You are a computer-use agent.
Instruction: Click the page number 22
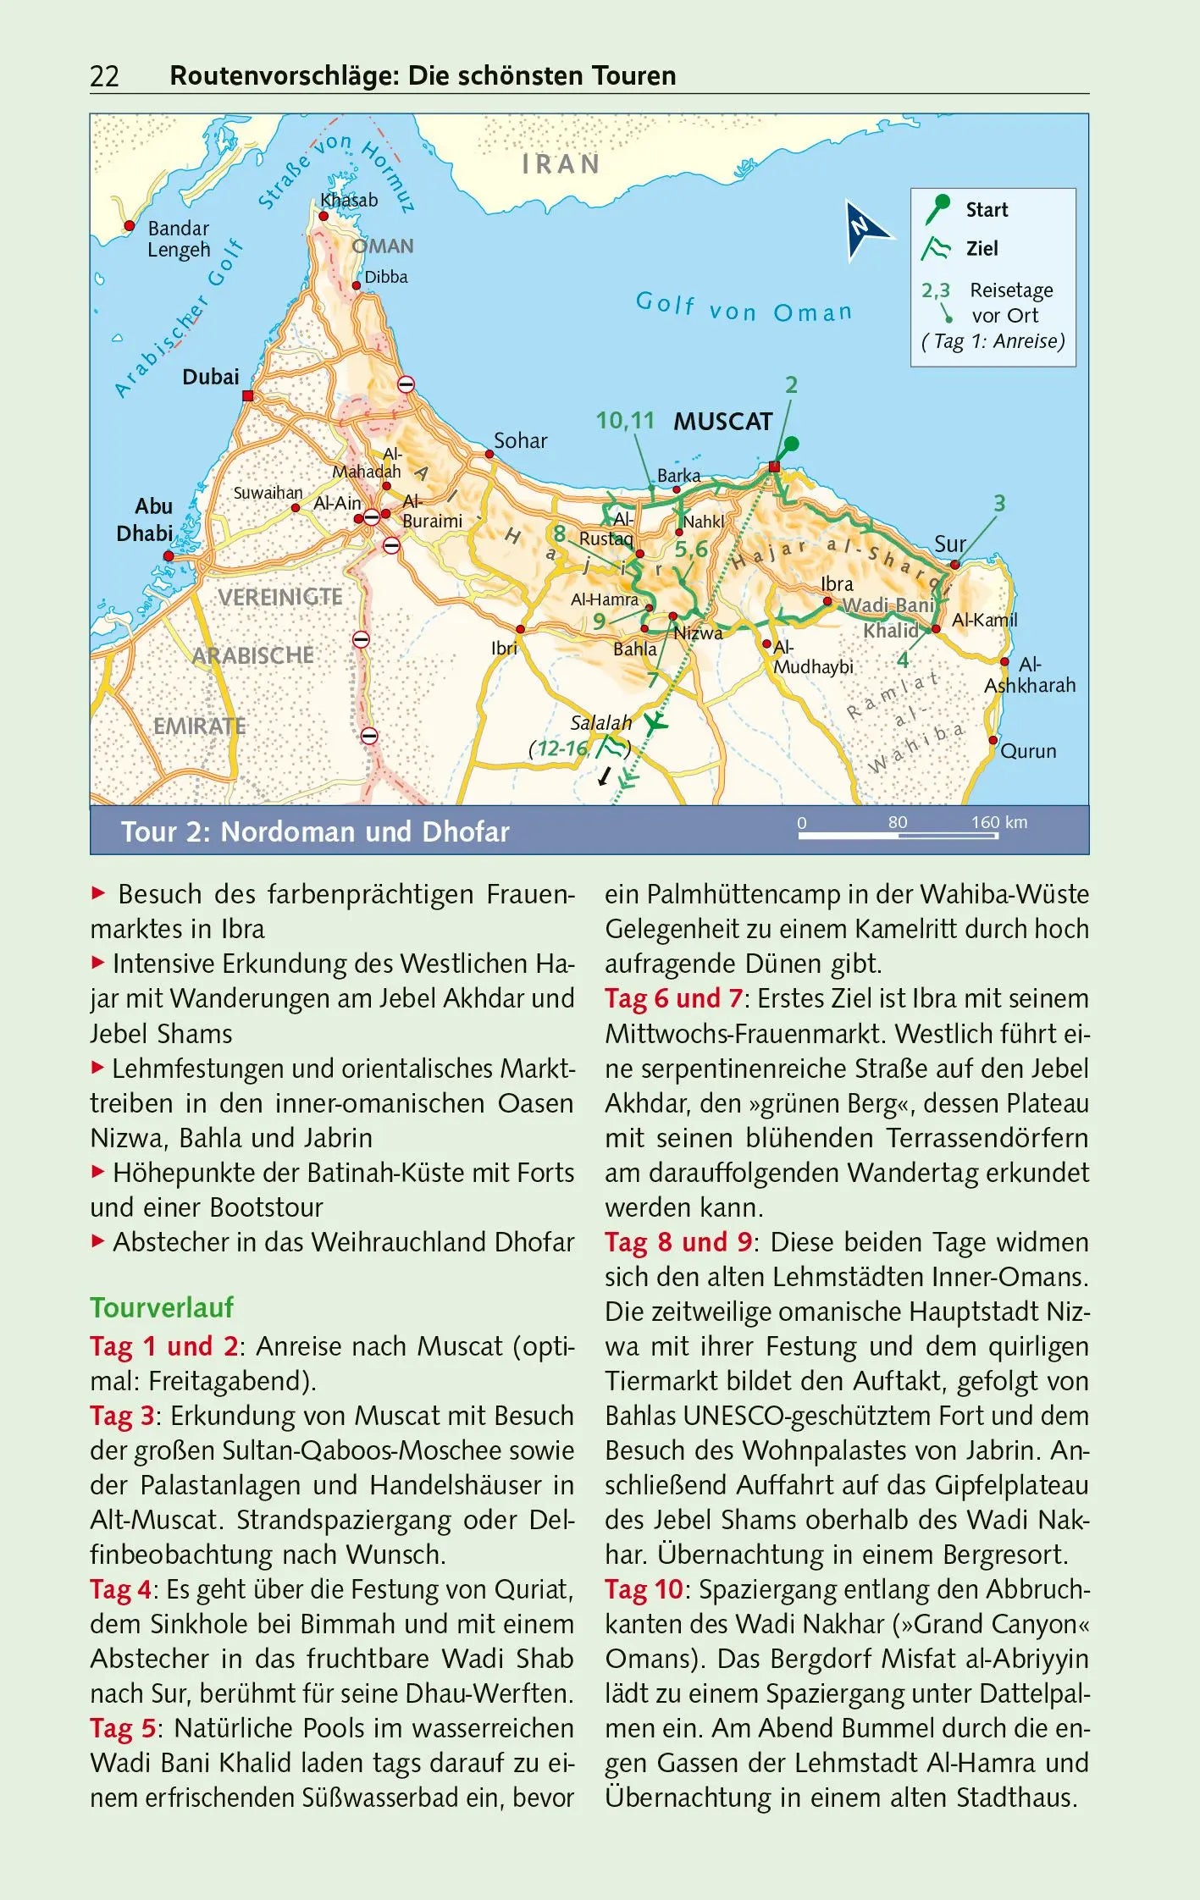coord(104,76)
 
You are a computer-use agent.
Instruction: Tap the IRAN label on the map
coord(561,164)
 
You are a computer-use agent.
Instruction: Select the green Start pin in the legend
coord(937,208)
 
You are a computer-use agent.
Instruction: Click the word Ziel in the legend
coord(982,249)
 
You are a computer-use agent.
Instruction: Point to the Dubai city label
coord(211,378)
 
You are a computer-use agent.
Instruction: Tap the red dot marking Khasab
coord(323,217)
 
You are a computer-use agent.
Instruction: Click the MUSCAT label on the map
coord(723,422)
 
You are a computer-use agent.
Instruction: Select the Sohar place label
coord(520,441)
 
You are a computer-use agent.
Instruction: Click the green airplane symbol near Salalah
coord(655,724)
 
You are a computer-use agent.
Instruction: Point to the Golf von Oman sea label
coord(744,308)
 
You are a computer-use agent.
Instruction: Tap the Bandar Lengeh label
coord(179,239)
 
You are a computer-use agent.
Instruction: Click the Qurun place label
coord(1028,752)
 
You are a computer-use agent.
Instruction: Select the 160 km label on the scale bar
coord(999,822)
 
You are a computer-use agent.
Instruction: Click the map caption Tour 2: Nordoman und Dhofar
coord(315,832)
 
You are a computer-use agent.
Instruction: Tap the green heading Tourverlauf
coord(162,1308)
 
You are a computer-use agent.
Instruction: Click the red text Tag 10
coord(644,1590)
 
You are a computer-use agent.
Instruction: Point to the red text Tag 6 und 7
coord(673,999)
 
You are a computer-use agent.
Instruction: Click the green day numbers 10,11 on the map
coord(625,421)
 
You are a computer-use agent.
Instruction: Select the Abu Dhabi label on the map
coord(145,520)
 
